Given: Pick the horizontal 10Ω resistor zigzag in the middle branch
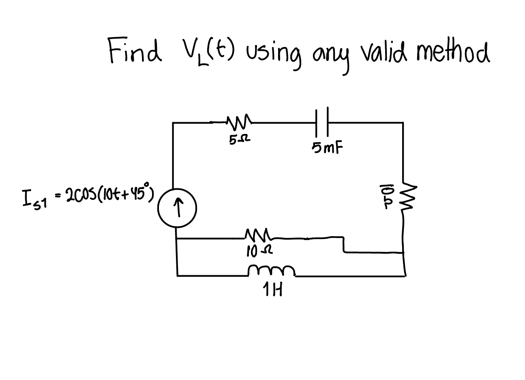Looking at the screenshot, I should tap(257, 235).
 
